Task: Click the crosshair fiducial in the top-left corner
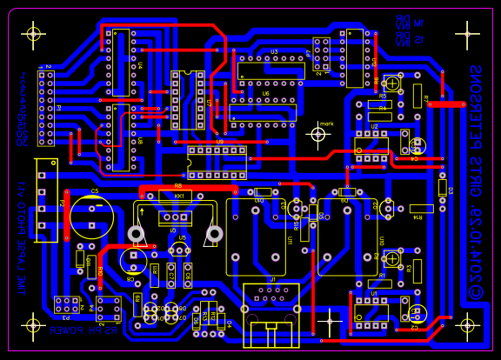coord(33,34)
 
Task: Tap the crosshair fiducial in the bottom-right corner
coord(467,325)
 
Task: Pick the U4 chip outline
coord(120,62)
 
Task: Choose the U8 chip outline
coord(120,137)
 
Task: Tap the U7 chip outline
coord(188,99)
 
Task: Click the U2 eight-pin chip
coord(371,145)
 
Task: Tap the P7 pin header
coord(322,55)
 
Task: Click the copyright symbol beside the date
coord(476,292)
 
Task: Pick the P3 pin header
coord(64,304)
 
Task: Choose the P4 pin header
coord(108,307)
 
